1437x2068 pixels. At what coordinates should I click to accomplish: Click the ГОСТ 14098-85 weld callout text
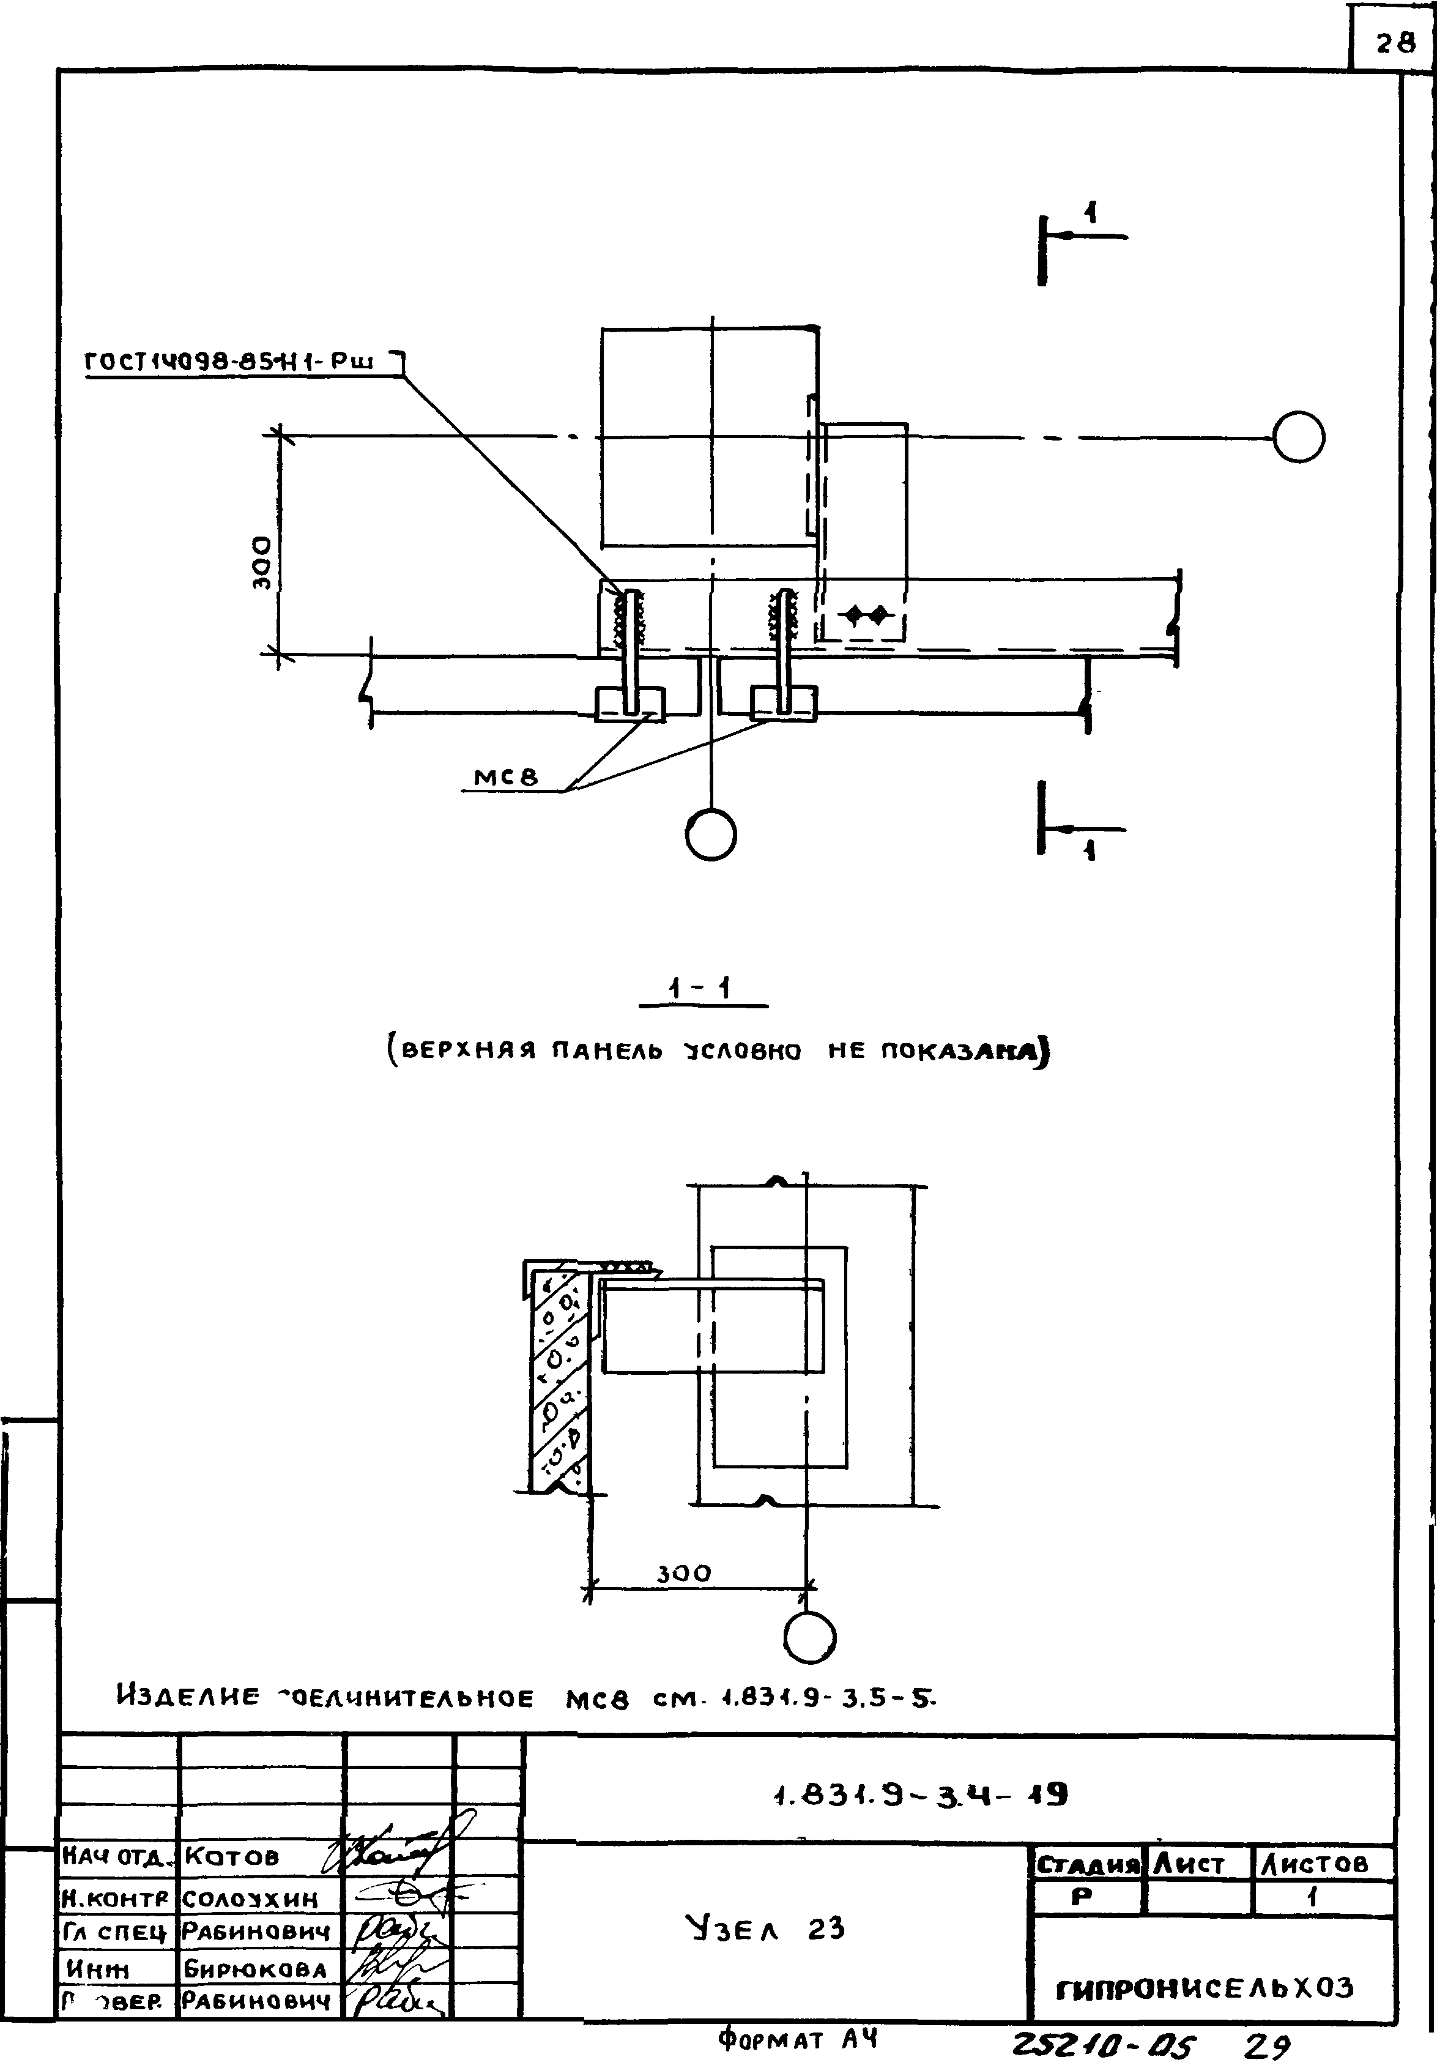click(x=229, y=362)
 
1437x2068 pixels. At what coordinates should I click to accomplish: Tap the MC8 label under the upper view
click(x=506, y=775)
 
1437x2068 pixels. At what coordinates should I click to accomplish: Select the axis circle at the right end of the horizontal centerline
click(x=1298, y=437)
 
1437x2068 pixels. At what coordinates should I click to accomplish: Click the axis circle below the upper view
click(x=710, y=836)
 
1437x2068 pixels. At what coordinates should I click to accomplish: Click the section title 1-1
click(x=700, y=991)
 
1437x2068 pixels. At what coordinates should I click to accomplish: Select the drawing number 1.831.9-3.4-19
click(x=920, y=1795)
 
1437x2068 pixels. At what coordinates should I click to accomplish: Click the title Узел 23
click(x=765, y=1929)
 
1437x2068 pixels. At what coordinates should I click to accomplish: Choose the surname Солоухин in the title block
click(x=250, y=1899)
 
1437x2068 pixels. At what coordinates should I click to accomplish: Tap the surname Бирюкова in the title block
click(x=255, y=1969)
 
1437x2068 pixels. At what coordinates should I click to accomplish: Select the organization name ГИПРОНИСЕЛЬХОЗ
click(x=1204, y=1987)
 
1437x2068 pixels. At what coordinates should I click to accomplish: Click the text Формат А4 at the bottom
click(x=797, y=2040)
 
